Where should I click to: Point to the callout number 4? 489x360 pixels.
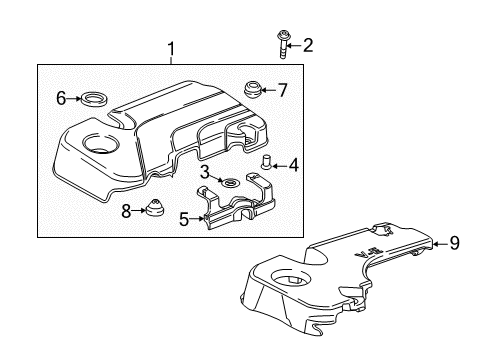(x=293, y=166)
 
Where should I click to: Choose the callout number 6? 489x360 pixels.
(x=60, y=98)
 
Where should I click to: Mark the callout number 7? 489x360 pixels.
(x=282, y=90)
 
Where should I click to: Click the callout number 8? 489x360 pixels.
(x=125, y=211)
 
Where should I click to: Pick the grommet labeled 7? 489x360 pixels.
(x=252, y=89)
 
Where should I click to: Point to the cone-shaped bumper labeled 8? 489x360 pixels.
(x=155, y=209)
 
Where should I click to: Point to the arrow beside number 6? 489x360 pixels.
(x=74, y=98)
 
